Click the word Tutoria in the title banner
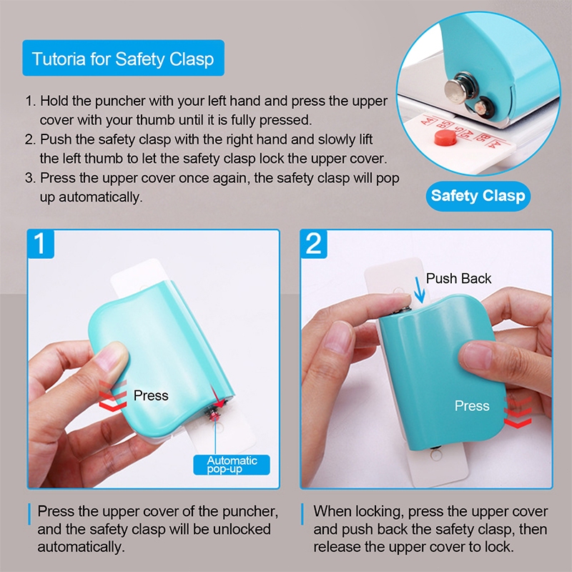tap(59, 59)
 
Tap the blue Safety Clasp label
tap(478, 196)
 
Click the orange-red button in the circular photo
tap(445, 137)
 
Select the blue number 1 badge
tap(41, 244)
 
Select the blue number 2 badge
tap(314, 244)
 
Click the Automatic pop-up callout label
tap(232, 465)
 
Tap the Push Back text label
tap(458, 278)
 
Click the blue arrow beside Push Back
tap(420, 290)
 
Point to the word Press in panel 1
tap(151, 395)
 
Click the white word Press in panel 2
tap(472, 405)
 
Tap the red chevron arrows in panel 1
tap(113, 396)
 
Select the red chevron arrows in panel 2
tap(518, 413)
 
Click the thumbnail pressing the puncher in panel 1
tap(112, 361)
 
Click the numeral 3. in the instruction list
tap(31, 178)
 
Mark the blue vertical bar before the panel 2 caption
tap(302, 514)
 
